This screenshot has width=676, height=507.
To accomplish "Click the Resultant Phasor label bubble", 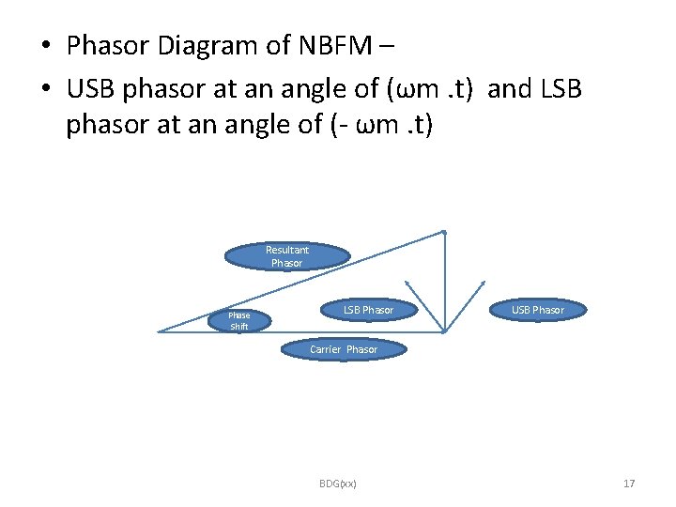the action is (x=287, y=256).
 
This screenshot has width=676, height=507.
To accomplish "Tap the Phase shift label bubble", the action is (x=239, y=321).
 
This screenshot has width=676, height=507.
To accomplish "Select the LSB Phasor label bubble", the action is (x=368, y=310).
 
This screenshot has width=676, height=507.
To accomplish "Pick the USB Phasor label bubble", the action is (x=538, y=310).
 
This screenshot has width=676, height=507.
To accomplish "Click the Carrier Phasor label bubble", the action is (x=344, y=349).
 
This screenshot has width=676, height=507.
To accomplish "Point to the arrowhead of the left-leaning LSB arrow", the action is (x=407, y=282).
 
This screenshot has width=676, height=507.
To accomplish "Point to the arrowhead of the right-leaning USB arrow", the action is (x=483, y=282).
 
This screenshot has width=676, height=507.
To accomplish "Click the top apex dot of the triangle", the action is (x=444, y=232).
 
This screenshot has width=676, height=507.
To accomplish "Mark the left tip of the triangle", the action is (x=160, y=331).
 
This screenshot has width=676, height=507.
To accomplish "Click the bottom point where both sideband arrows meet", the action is (x=444, y=330).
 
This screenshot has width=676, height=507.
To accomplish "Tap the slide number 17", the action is (x=629, y=484).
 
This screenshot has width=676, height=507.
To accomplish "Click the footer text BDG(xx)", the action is (x=338, y=484).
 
